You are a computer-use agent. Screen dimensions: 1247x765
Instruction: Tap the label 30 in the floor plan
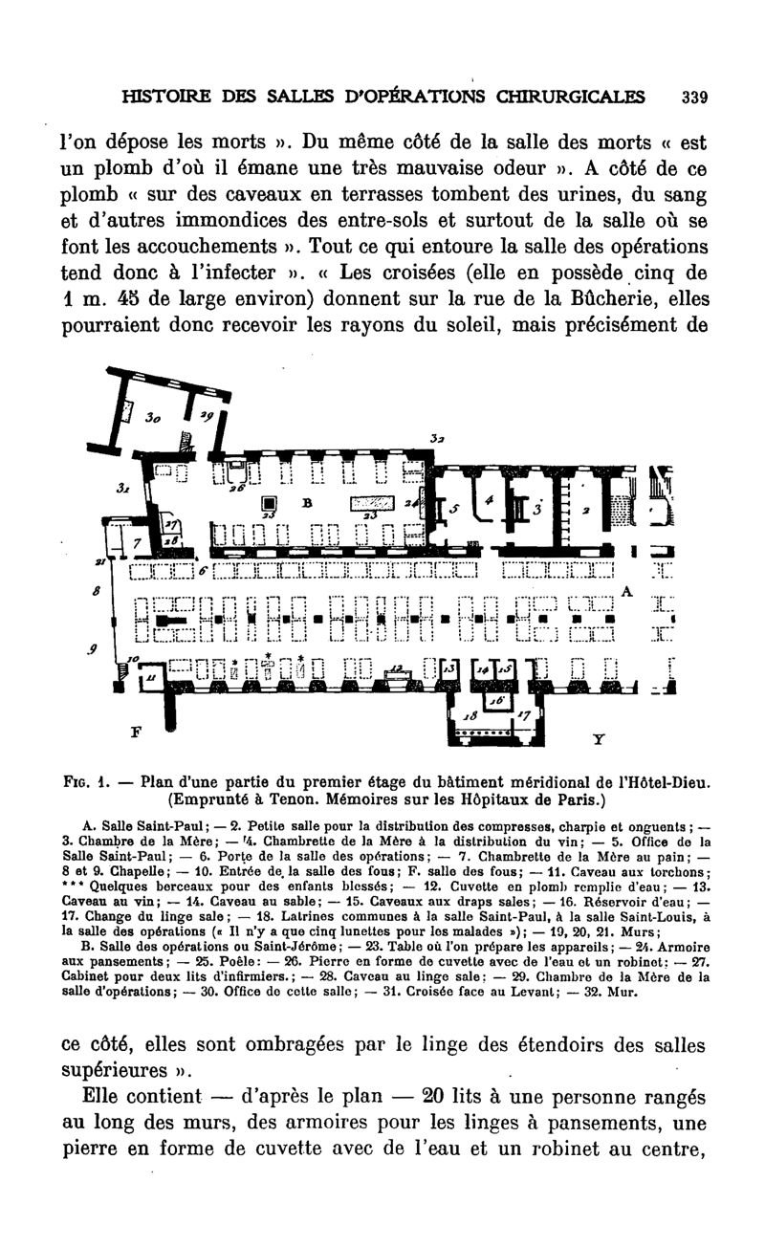[x=152, y=418]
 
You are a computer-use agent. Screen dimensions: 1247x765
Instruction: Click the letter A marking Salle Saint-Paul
[x=627, y=592]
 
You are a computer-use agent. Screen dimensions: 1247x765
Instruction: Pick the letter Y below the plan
[x=598, y=739]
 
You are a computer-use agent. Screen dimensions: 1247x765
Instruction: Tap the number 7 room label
[x=138, y=542]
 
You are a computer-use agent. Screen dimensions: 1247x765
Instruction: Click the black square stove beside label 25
[x=271, y=504]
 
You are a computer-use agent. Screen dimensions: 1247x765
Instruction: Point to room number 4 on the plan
[x=491, y=500]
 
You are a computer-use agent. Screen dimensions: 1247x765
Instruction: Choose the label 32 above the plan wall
[x=436, y=439]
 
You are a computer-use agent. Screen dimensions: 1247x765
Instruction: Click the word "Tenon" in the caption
[x=313, y=799]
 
